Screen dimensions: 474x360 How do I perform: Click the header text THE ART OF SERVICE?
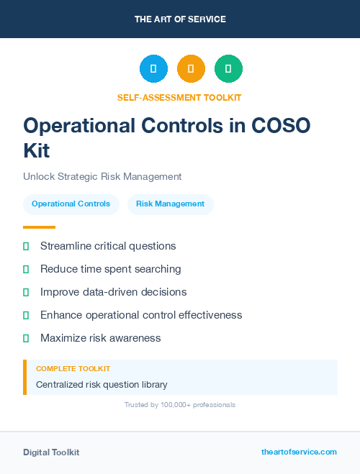(x=180, y=19)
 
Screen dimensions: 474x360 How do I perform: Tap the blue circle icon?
(x=153, y=69)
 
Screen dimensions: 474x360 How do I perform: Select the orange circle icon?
(x=191, y=69)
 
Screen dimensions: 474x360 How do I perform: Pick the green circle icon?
(x=228, y=69)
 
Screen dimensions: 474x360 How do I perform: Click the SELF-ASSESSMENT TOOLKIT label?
(x=180, y=97)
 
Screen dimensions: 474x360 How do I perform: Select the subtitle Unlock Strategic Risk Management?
(x=102, y=176)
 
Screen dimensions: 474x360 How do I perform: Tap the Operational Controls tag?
(x=71, y=204)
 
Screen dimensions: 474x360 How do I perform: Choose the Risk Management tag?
(x=171, y=204)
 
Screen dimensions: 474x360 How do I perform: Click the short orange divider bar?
(x=39, y=227)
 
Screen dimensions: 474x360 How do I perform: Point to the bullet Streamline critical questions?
(x=108, y=246)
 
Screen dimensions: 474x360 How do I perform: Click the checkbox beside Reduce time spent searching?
(x=26, y=269)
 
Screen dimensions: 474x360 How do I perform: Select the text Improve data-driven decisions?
(x=113, y=292)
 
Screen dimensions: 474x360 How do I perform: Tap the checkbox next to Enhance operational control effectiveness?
(x=26, y=315)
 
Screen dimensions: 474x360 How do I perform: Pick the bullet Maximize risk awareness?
(x=100, y=338)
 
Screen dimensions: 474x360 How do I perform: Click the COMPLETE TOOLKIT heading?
(x=73, y=368)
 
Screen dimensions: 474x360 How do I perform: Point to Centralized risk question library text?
(x=102, y=385)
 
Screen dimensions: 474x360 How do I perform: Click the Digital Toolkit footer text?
(x=51, y=452)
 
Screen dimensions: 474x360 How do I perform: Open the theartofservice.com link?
(x=299, y=452)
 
